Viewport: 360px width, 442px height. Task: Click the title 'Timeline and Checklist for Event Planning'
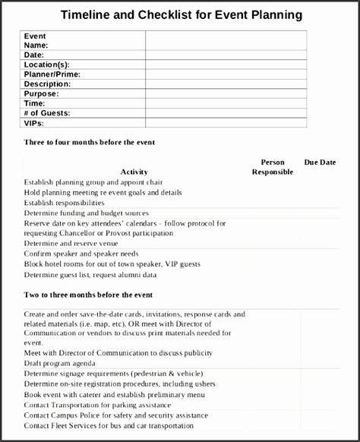[x=181, y=14]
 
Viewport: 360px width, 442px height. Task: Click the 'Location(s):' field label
[x=48, y=65]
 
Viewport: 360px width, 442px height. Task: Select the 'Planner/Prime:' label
[x=52, y=74]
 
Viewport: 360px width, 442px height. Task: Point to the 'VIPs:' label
[x=34, y=122]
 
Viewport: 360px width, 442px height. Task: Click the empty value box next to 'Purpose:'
[x=226, y=93]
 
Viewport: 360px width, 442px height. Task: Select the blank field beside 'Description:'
[x=226, y=84]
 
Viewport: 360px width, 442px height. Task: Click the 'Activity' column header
[x=134, y=172]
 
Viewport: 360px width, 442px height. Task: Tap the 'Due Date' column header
[x=320, y=162]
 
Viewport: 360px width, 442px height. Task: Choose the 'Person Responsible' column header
[x=273, y=167]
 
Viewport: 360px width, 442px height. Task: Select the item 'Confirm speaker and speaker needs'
[x=81, y=253]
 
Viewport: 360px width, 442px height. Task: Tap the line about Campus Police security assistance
[x=115, y=415]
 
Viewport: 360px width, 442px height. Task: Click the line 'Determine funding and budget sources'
[x=87, y=213]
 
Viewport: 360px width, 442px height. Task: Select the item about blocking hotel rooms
[x=112, y=264]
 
